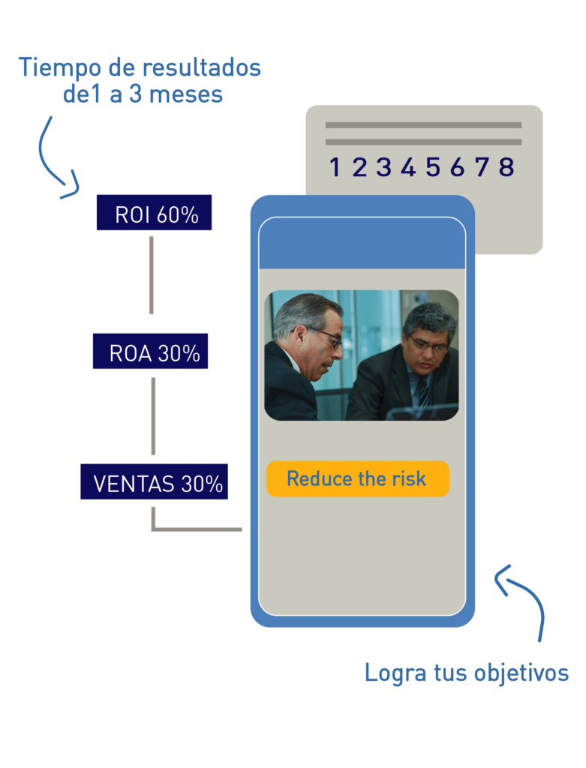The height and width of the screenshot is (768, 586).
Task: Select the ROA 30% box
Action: point(151,352)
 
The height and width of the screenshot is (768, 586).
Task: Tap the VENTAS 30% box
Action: point(155,482)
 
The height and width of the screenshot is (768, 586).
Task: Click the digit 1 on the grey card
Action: point(335,167)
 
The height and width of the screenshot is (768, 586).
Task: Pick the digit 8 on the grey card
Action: point(506,167)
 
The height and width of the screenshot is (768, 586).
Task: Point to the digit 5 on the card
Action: point(433,167)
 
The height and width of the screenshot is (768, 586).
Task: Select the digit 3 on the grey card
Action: point(383,167)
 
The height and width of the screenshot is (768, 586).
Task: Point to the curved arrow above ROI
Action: point(54,157)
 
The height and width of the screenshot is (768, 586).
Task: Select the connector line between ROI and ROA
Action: point(152,274)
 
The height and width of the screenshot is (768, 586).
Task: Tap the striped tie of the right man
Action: point(423,391)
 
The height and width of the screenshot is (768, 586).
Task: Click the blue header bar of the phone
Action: point(362,244)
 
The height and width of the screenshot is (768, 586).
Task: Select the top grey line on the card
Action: point(423,125)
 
